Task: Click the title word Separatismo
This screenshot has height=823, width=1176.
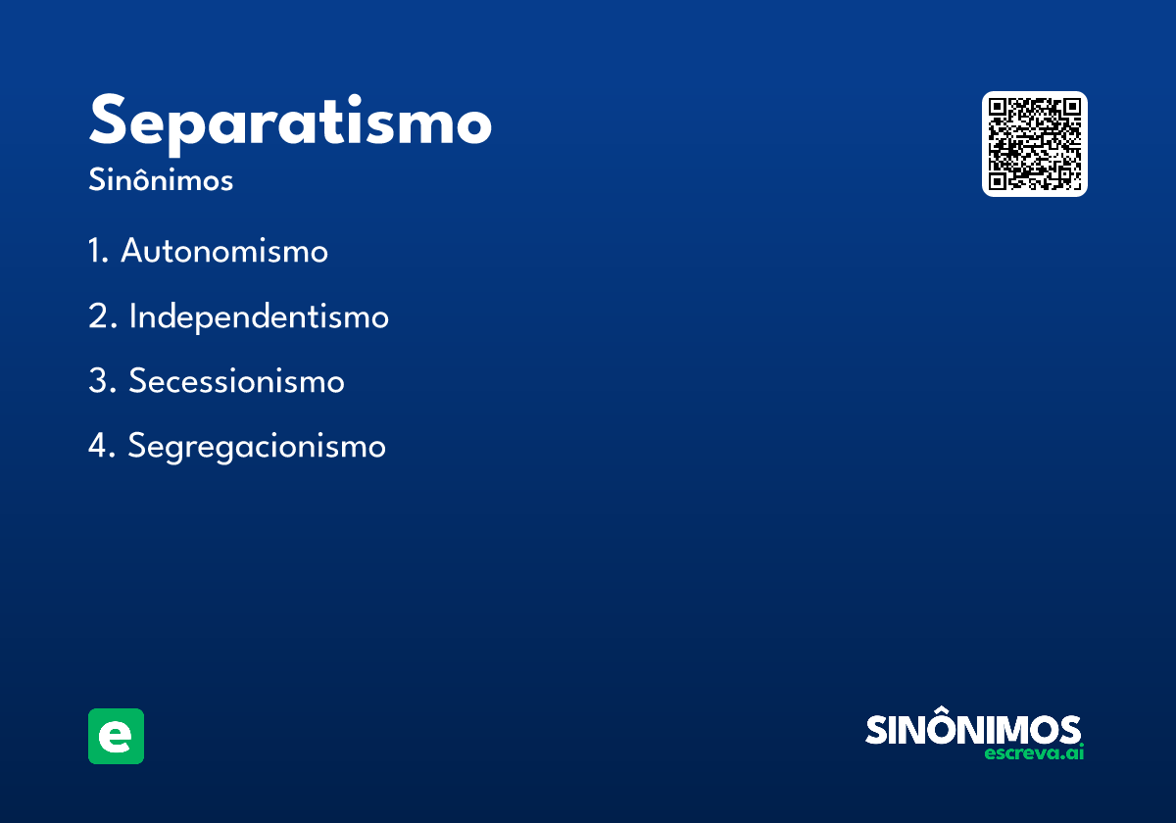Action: (x=290, y=122)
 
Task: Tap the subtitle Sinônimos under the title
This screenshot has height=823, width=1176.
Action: (x=161, y=181)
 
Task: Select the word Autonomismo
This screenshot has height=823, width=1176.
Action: (x=224, y=252)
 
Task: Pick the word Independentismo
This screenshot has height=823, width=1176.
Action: (x=259, y=316)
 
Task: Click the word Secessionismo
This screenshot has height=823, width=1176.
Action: (x=236, y=381)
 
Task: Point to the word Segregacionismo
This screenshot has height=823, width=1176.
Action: (x=257, y=447)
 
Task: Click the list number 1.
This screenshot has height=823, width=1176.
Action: (x=96, y=252)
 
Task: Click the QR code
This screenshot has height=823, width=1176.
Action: (x=1034, y=144)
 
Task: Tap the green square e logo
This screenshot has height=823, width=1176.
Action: (x=116, y=736)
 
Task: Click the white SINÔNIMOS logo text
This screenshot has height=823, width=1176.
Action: (x=972, y=730)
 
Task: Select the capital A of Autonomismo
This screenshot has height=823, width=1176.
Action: (x=133, y=252)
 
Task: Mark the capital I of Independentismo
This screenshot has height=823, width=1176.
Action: (x=133, y=316)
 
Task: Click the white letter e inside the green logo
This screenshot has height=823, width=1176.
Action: (x=116, y=737)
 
